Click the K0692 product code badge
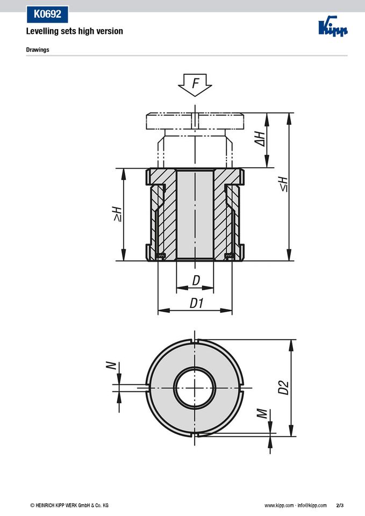click(47, 14)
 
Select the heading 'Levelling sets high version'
click(75, 31)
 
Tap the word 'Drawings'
click(38, 49)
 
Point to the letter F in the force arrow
click(196, 83)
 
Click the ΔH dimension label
click(260, 139)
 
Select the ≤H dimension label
click(283, 184)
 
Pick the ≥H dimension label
click(117, 214)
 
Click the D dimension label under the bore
click(196, 281)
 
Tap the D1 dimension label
click(197, 303)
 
